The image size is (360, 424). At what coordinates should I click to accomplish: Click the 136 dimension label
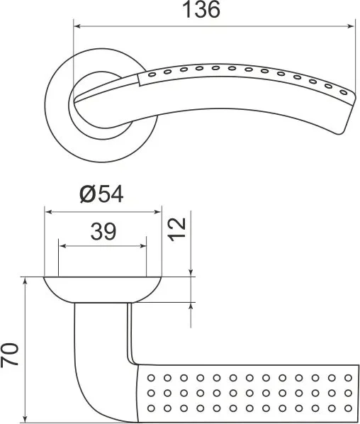(202, 9)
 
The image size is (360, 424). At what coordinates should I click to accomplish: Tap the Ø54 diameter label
(101, 194)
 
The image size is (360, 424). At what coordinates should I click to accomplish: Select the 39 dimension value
(103, 232)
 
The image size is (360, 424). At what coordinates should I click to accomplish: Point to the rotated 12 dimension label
(176, 229)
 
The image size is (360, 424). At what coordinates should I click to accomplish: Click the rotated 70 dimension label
(9, 355)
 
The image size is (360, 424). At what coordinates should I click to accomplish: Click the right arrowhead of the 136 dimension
(350, 26)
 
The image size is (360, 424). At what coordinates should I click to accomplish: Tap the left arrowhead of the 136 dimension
(77, 26)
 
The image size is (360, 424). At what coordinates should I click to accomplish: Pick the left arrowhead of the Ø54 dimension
(49, 212)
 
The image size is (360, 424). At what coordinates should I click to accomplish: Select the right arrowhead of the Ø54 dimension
(157, 212)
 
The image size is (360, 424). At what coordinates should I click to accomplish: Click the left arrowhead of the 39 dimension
(62, 246)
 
